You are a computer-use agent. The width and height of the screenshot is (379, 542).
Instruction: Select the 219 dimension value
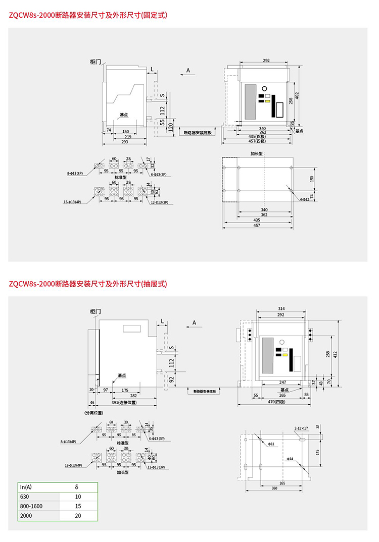pyautogui.click(x=115, y=137)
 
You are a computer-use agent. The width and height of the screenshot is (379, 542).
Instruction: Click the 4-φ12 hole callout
pyautogui.click(x=304, y=200)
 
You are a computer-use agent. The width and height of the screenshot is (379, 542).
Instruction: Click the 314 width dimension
pyautogui.click(x=281, y=308)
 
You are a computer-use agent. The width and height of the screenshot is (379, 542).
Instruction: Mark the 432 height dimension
pyautogui.click(x=335, y=354)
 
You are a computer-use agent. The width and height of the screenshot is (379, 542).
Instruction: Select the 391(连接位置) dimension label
pyautogui.click(x=124, y=402)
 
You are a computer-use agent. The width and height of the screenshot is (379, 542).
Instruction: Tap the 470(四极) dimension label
pyautogui.click(x=276, y=402)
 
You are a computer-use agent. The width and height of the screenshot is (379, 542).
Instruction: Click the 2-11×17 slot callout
pyautogui.click(x=301, y=428)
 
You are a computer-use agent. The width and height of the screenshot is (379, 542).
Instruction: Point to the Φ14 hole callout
pyautogui.click(x=290, y=459)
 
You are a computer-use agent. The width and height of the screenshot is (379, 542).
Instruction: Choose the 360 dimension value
pyautogui.click(x=274, y=488)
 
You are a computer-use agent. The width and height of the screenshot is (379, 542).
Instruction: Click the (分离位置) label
pyautogui.click(x=93, y=412)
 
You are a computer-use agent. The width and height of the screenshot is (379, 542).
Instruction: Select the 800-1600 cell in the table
pyautogui.click(x=31, y=506)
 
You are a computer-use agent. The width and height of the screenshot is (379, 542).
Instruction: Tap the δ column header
pyautogui.click(x=76, y=487)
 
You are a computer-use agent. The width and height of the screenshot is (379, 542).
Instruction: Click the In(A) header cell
pyautogui.click(x=26, y=487)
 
